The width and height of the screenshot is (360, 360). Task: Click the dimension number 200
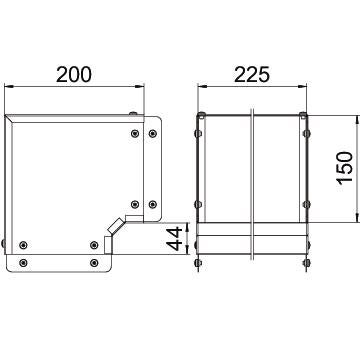click(x=73, y=74)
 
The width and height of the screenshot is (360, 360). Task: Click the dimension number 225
click(x=252, y=74)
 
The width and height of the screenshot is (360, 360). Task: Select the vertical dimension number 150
click(x=345, y=168)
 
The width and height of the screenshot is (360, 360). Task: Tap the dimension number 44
click(x=175, y=239)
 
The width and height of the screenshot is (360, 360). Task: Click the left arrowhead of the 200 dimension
click(x=9, y=86)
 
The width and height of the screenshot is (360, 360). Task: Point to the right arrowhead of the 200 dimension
click(x=140, y=86)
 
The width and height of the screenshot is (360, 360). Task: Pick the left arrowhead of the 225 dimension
click(x=202, y=86)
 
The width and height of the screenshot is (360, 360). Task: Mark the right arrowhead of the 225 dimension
click(x=302, y=86)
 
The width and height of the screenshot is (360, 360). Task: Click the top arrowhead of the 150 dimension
click(x=358, y=120)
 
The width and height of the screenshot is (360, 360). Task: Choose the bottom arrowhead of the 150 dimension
click(x=358, y=218)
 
